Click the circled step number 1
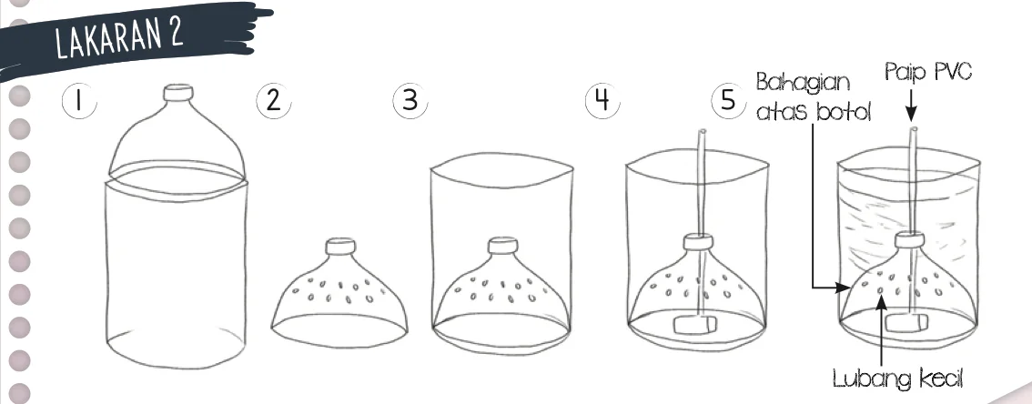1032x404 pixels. coord(79,102)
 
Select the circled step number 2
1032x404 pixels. coord(273,101)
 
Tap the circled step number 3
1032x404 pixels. coord(410,101)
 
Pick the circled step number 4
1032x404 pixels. coord(602,101)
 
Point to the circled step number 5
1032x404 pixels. coord(728,101)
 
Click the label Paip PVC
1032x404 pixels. coord(928,71)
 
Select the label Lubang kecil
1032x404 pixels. coord(897,379)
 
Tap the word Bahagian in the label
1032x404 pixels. coord(803,84)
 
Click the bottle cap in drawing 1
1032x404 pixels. coord(178,93)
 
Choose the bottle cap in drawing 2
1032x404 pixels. coord(341,247)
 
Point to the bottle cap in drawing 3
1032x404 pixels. coord(502,246)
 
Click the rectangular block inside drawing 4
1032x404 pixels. coord(693,325)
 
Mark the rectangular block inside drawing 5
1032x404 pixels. coord(906,322)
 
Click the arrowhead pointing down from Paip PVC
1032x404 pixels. coord(912,116)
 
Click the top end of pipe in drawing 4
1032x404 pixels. coord(703,132)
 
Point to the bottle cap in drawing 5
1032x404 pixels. coord(909,240)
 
